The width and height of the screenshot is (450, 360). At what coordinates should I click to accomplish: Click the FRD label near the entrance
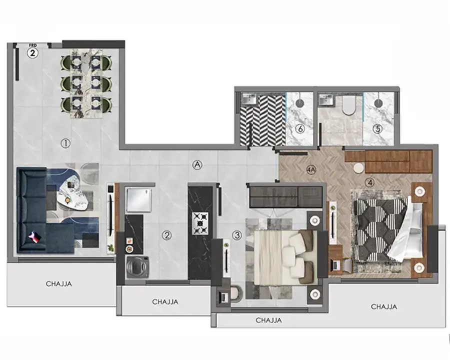(x=32, y=45)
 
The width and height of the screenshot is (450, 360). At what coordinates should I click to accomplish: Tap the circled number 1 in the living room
(x=65, y=143)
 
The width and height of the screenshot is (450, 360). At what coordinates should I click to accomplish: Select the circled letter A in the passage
(x=197, y=164)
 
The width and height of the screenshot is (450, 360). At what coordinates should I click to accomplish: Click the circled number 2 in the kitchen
(x=166, y=235)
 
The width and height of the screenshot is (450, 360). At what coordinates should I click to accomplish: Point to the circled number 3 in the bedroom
(x=237, y=235)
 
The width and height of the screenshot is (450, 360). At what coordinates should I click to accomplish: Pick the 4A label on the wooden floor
(x=311, y=169)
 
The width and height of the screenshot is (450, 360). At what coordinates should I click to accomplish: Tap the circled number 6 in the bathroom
(x=300, y=129)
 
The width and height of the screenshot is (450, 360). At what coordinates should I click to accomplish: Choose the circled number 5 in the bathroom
(x=377, y=129)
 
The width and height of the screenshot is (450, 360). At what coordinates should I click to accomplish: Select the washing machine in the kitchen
(x=138, y=267)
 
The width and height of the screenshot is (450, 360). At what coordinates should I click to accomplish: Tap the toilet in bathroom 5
(x=349, y=105)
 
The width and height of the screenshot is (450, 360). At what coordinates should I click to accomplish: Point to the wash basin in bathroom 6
(x=248, y=99)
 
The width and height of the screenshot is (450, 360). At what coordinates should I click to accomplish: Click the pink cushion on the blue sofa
(x=35, y=237)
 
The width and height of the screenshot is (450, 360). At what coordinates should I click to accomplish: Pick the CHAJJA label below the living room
(x=59, y=283)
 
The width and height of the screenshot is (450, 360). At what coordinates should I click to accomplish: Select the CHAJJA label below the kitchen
(x=165, y=301)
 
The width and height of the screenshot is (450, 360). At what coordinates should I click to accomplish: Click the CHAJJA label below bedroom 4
(x=384, y=306)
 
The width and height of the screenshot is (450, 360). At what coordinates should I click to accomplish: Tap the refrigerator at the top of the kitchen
(x=138, y=200)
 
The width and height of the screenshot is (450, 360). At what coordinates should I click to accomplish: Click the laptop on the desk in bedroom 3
(x=223, y=296)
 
